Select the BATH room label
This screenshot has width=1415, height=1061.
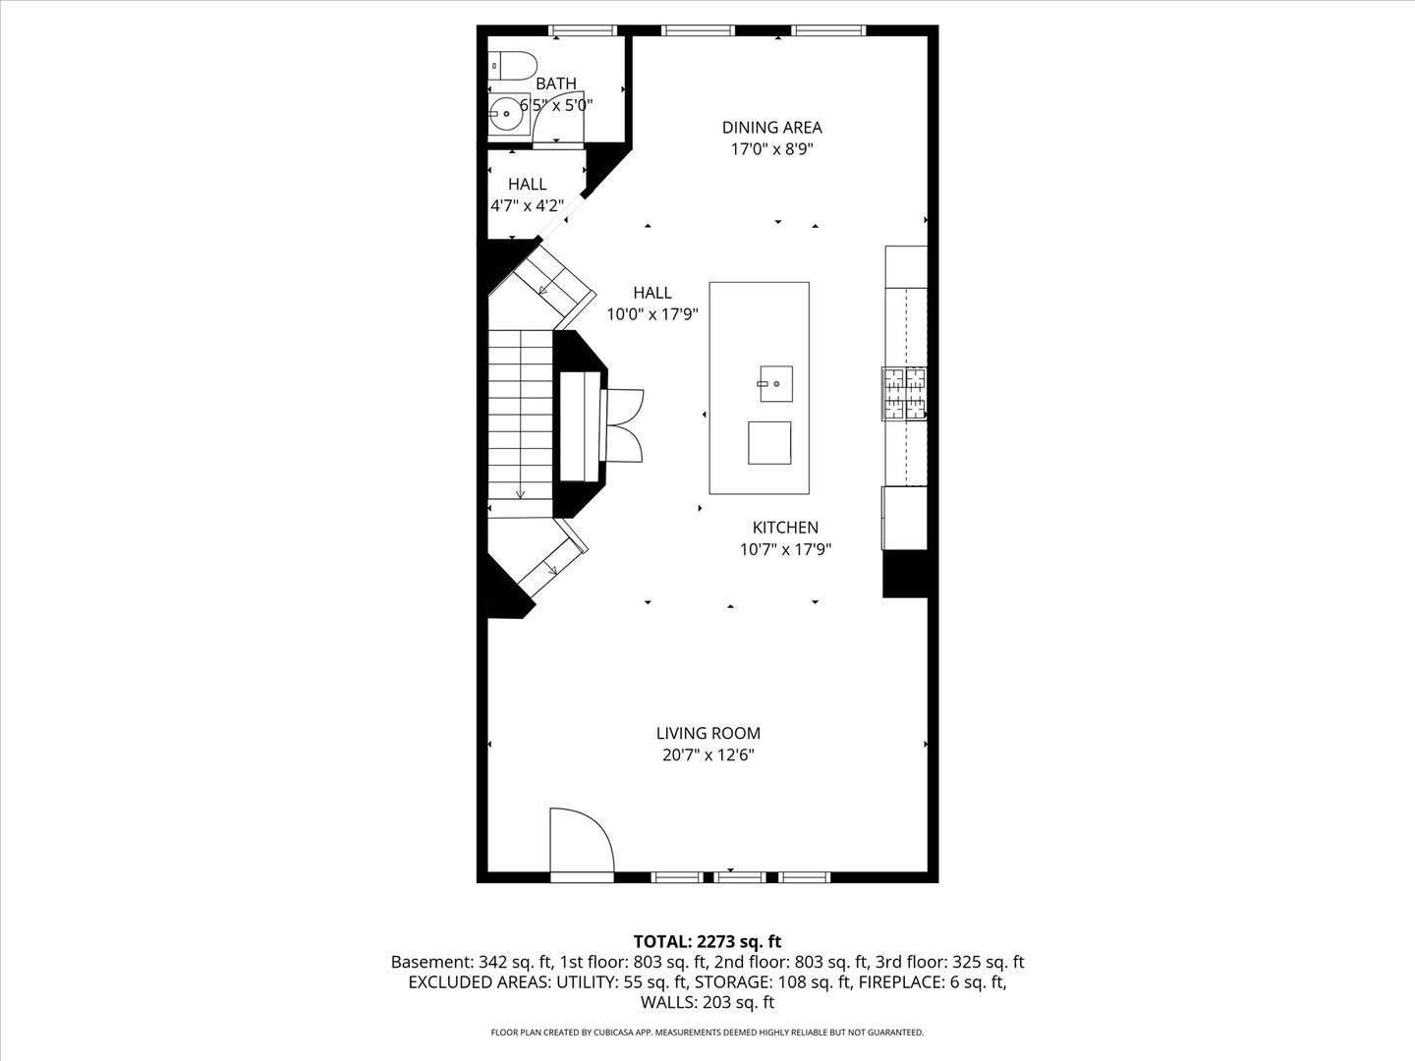(x=556, y=84)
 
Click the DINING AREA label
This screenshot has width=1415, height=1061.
(x=771, y=127)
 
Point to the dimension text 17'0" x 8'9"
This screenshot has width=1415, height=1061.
(x=771, y=149)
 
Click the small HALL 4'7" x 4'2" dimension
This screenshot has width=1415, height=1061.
(x=527, y=206)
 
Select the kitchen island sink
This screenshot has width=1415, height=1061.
(x=774, y=382)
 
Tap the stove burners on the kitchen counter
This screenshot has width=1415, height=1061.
(x=904, y=393)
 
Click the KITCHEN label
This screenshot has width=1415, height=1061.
(x=785, y=528)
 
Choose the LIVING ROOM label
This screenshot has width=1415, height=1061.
(x=707, y=733)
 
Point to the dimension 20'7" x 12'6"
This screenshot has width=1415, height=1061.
(x=707, y=755)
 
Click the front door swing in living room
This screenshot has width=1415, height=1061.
(x=580, y=841)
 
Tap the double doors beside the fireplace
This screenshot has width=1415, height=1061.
(x=625, y=424)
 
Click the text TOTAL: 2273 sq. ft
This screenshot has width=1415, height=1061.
(x=707, y=942)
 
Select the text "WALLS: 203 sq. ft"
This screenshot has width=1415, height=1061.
(x=707, y=1003)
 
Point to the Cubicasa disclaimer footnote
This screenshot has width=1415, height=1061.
(x=707, y=1033)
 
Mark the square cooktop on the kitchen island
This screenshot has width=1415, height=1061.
(x=768, y=442)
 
